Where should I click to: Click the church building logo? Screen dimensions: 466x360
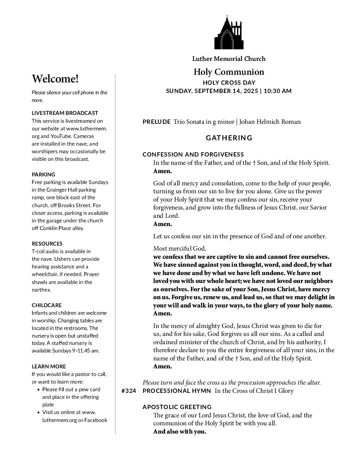coord(229,33)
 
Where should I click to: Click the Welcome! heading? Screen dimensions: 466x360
coord(55,79)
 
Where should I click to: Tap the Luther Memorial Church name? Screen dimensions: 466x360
coord(229,59)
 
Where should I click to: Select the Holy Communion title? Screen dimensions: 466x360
coord(229,72)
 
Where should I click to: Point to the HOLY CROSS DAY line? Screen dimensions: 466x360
coord(229,83)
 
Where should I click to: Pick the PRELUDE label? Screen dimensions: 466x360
coord(157,122)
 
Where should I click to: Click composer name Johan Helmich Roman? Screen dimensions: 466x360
coord(270,122)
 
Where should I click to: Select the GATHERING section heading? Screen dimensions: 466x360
coord(229,138)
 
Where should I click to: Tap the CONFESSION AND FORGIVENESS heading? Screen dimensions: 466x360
coord(193,155)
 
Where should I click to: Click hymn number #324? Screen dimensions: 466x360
coord(129,391)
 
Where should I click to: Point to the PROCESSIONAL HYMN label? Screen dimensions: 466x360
coord(177,391)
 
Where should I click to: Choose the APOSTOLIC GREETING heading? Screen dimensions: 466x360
coord(177,407)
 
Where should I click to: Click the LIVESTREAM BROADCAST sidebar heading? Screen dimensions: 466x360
coord(65,113)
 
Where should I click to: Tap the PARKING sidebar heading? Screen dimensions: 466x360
coord(43,174)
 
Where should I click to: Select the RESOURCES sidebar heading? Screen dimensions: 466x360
coord(47,244)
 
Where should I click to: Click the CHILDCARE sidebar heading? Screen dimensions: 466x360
coord(47,305)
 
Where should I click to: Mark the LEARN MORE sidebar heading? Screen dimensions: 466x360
coord(49,366)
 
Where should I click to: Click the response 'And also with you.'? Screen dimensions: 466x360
coord(179,432)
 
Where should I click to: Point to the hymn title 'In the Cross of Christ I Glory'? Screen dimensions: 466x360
coord(254,391)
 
